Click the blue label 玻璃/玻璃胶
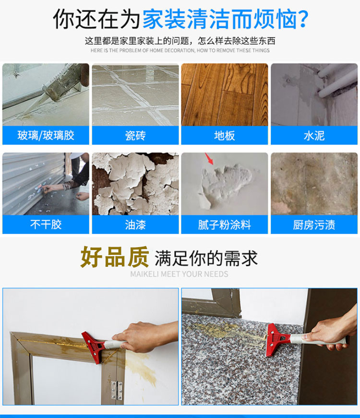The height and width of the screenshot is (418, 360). coord(46,135)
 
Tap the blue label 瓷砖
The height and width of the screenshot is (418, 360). coord(135,135)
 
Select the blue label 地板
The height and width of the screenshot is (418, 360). coord(225,135)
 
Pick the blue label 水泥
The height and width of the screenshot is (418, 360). coord(314,135)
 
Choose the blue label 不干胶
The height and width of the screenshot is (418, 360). coord(46,225)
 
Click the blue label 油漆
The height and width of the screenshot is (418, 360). coord(135,225)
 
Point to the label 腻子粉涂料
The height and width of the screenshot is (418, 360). coord(225,225)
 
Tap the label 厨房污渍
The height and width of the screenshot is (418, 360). coord(314,225)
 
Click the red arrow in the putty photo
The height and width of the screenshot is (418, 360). coord(209,159)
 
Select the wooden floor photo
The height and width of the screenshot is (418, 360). coord(225,95)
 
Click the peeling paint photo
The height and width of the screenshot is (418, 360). coord(135,184)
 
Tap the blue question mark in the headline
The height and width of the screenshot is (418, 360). coord(303,19)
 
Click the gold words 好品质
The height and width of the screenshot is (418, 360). coord(115,257)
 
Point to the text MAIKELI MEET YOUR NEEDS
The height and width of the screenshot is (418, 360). coord(179,274)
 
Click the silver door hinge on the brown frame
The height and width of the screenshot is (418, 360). coord(117,390)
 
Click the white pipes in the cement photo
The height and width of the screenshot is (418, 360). coord(337,81)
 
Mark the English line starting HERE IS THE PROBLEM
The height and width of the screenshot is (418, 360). coord(180,50)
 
